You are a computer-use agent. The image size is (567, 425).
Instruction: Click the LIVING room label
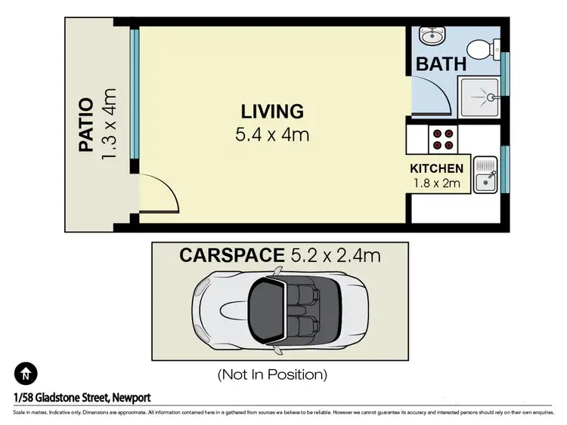coord(272,112)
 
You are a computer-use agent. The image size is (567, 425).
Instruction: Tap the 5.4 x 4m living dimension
coord(272,136)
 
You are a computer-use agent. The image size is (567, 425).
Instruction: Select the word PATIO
coord(87,125)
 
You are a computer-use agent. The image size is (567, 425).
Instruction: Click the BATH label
coord(441,63)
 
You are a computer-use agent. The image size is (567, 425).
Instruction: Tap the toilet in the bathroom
coord(482,49)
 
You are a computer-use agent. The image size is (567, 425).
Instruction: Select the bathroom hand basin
coord(432,36)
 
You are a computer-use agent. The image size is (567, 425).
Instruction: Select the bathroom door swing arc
coord(429,94)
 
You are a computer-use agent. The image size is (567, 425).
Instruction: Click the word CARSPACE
coord(231,256)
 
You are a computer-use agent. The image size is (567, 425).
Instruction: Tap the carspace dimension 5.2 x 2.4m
coord(336,256)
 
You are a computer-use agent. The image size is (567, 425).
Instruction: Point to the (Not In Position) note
coord(272,374)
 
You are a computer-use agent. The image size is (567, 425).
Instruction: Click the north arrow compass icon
coord(25,373)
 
